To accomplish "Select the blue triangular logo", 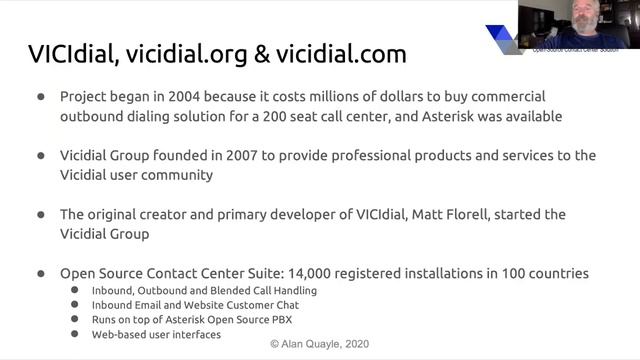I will point(507,38).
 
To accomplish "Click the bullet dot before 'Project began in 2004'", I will point(41,98).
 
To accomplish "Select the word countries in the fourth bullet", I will point(557,272).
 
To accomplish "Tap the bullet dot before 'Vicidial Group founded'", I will point(41,156).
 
